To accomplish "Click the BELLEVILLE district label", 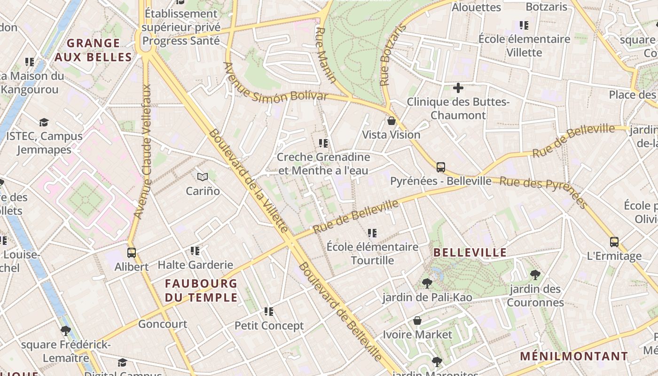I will tap(470, 252).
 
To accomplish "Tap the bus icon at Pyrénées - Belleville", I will tap(441, 167).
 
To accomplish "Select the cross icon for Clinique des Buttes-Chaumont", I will tap(458, 87).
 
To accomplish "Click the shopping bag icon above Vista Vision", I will tap(392, 121).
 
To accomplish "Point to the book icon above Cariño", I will tap(203, 177).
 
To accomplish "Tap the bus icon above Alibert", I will tap(132, 252).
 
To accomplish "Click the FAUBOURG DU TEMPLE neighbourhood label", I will tap(201, 290).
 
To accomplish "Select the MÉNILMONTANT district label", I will tap(574, 356).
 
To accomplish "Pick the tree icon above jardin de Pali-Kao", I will tap(427, 283).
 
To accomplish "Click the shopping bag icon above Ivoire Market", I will tap(417, 321).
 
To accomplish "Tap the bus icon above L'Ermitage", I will tap(614, 242).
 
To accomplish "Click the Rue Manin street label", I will tap(326, 55).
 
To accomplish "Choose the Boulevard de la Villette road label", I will tap(248, 180).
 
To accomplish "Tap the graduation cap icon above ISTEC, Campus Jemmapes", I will tap(44, 122).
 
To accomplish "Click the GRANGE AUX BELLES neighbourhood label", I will tap(93, 50).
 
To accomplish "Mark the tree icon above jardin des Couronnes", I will tap(535, 274).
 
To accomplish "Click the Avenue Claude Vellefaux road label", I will tap(143, 151).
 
